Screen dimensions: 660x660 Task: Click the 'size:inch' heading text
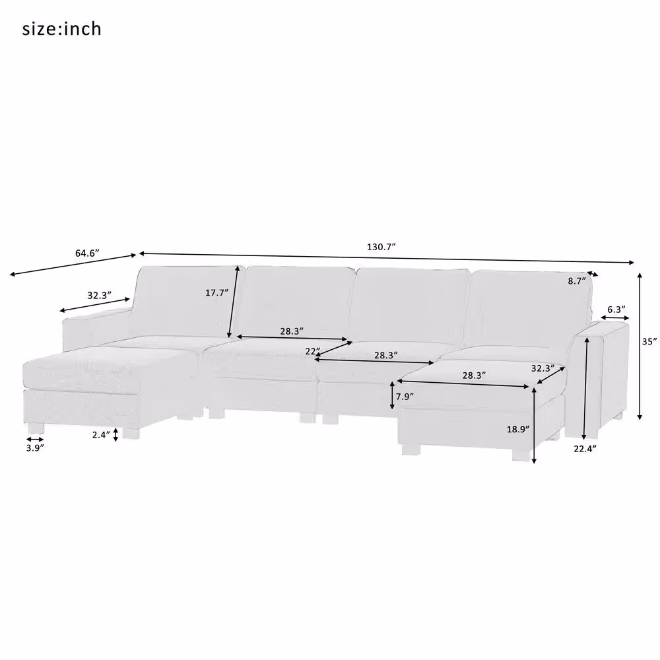click(x=62, y=29)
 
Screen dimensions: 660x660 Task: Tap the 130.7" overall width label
click(x=381, y=247)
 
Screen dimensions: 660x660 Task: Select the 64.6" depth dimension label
click(x=86, y=253)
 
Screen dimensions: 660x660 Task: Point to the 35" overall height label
click(x=649, y=342)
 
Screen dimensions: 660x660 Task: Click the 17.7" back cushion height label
click(x=216, y=293)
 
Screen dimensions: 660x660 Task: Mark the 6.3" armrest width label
click(x=615, y=309)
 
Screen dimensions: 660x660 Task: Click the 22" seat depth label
click(x=312, y=352)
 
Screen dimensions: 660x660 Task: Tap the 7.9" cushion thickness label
click(x=404, y=397)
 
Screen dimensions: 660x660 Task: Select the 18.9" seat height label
click(x=517, y=428)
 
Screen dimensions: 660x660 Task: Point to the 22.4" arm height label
click(x=585, y=448)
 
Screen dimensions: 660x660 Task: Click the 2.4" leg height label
click(x=100, y=434)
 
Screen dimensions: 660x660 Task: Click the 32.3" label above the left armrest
click(x=99, y=296)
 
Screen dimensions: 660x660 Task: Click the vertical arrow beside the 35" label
click(x=639, y=346)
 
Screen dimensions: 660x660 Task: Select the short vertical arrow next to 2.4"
click(x=116, y=434)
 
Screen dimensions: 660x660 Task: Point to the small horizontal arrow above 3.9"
click(x=36, y=438)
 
